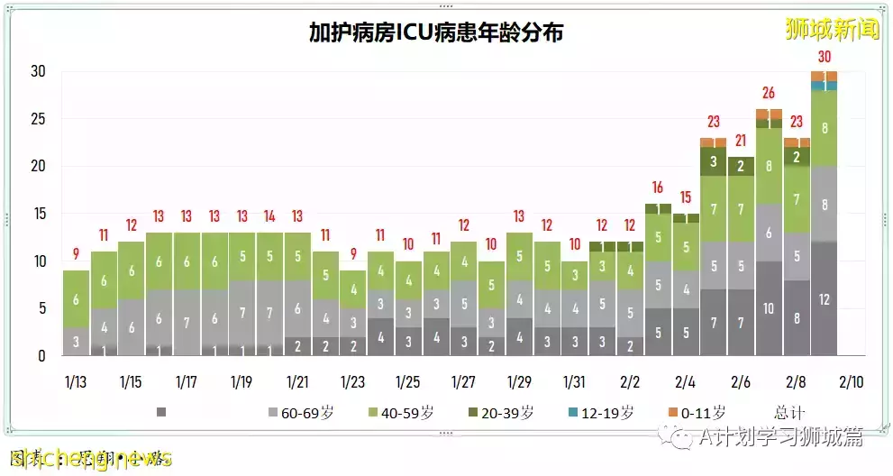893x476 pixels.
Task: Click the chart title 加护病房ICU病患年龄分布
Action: coord(436,33)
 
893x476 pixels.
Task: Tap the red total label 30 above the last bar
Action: coord(824,57)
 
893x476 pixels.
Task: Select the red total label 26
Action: coord(768,93)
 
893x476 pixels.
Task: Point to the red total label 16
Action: coord(658,188)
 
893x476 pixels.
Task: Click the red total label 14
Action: coord(270,216)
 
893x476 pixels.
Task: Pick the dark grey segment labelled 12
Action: coord(824,298)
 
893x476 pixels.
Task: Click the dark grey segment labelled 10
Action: coord(768,308)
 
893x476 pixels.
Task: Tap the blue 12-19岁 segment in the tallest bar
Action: coord(824,86)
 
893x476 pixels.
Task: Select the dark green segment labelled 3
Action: coord(713,161)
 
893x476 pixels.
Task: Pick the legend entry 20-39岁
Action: coord(500,412)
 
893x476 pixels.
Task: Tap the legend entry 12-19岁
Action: coord(600,412)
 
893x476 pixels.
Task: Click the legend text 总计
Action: coord(788,412)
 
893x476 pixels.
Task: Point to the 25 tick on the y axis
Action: coord(37,119)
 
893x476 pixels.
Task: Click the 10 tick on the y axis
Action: coord(37,261)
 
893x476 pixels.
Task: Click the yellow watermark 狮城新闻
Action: coord(831,30)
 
